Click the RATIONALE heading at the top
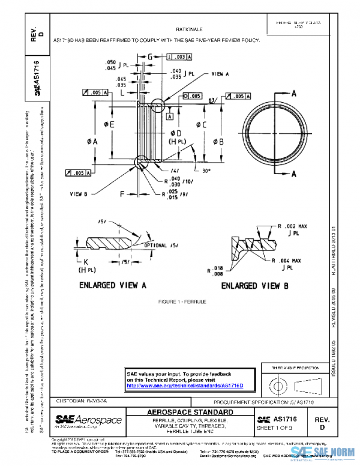point(189,29)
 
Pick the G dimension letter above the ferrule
point(149,57)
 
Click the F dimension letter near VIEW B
point(122,194)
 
